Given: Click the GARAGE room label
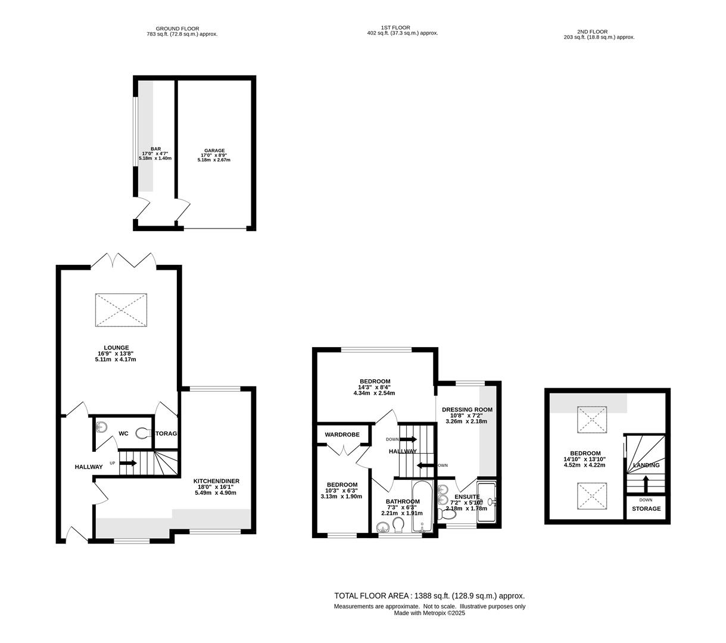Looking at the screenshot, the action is pos(214,151).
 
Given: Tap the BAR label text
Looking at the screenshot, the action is pos(155,149).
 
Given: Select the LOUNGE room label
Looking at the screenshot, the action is pos(116,347).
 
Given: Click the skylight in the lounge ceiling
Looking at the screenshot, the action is pos(121,310).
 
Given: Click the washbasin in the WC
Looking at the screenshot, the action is pos(101,427).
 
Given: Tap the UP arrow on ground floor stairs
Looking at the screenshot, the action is pos(128,463).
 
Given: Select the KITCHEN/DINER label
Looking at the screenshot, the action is pos(216,480).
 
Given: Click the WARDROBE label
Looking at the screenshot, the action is pos(342,435).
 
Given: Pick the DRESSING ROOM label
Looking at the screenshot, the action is pos(467,410).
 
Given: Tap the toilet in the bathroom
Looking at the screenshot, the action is pos(398,525).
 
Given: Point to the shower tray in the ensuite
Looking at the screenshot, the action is pos(487,501).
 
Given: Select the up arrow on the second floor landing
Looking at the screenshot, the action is pos(646,483).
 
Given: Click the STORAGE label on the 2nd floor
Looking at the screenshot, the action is pos(646,508).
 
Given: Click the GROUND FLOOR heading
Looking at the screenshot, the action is pos(177,29).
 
